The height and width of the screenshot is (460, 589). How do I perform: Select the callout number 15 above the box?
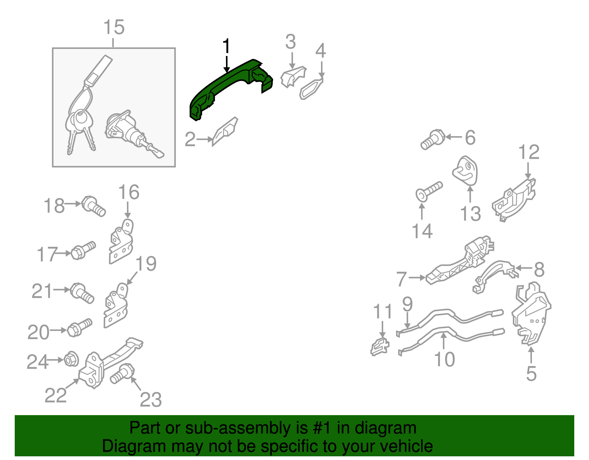[x=114, y=27]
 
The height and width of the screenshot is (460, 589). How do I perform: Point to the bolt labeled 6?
[x=433, y=139]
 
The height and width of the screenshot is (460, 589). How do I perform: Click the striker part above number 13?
[x=465, y=171]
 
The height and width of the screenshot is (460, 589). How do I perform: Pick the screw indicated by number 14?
[x=429, y=192]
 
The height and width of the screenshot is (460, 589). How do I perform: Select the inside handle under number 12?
[x=514, y=201]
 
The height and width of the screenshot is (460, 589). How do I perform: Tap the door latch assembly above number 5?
[x=531, y=315]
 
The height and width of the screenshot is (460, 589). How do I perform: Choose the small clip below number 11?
[x=380, y=347]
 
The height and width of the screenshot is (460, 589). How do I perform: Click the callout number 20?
[x=38, y=332]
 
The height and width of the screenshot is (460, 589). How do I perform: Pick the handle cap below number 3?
[x=293, y=77]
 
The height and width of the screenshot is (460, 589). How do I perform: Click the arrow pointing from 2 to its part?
[x=204, y=139]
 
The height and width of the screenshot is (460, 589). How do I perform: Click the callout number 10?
[x=444, y=360]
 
